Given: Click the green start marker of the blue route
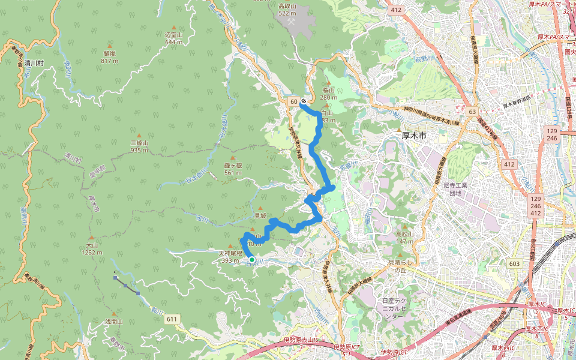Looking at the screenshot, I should pos(253,260).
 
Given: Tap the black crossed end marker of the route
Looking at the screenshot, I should pos(304,101).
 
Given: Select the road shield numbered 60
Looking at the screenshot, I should pos(293,101).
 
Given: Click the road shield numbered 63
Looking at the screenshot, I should pos(472,112).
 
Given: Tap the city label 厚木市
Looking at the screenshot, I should pos(413,136).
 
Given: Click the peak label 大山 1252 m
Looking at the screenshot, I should pos(92,248).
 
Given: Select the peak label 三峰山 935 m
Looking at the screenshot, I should pos(139,146).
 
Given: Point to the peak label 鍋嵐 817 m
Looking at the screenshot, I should pos(109,57).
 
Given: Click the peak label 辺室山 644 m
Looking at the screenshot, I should pos(173,38).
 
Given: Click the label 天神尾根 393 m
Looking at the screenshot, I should pos(230,256).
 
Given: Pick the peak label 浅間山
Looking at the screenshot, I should pos(113,322).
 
